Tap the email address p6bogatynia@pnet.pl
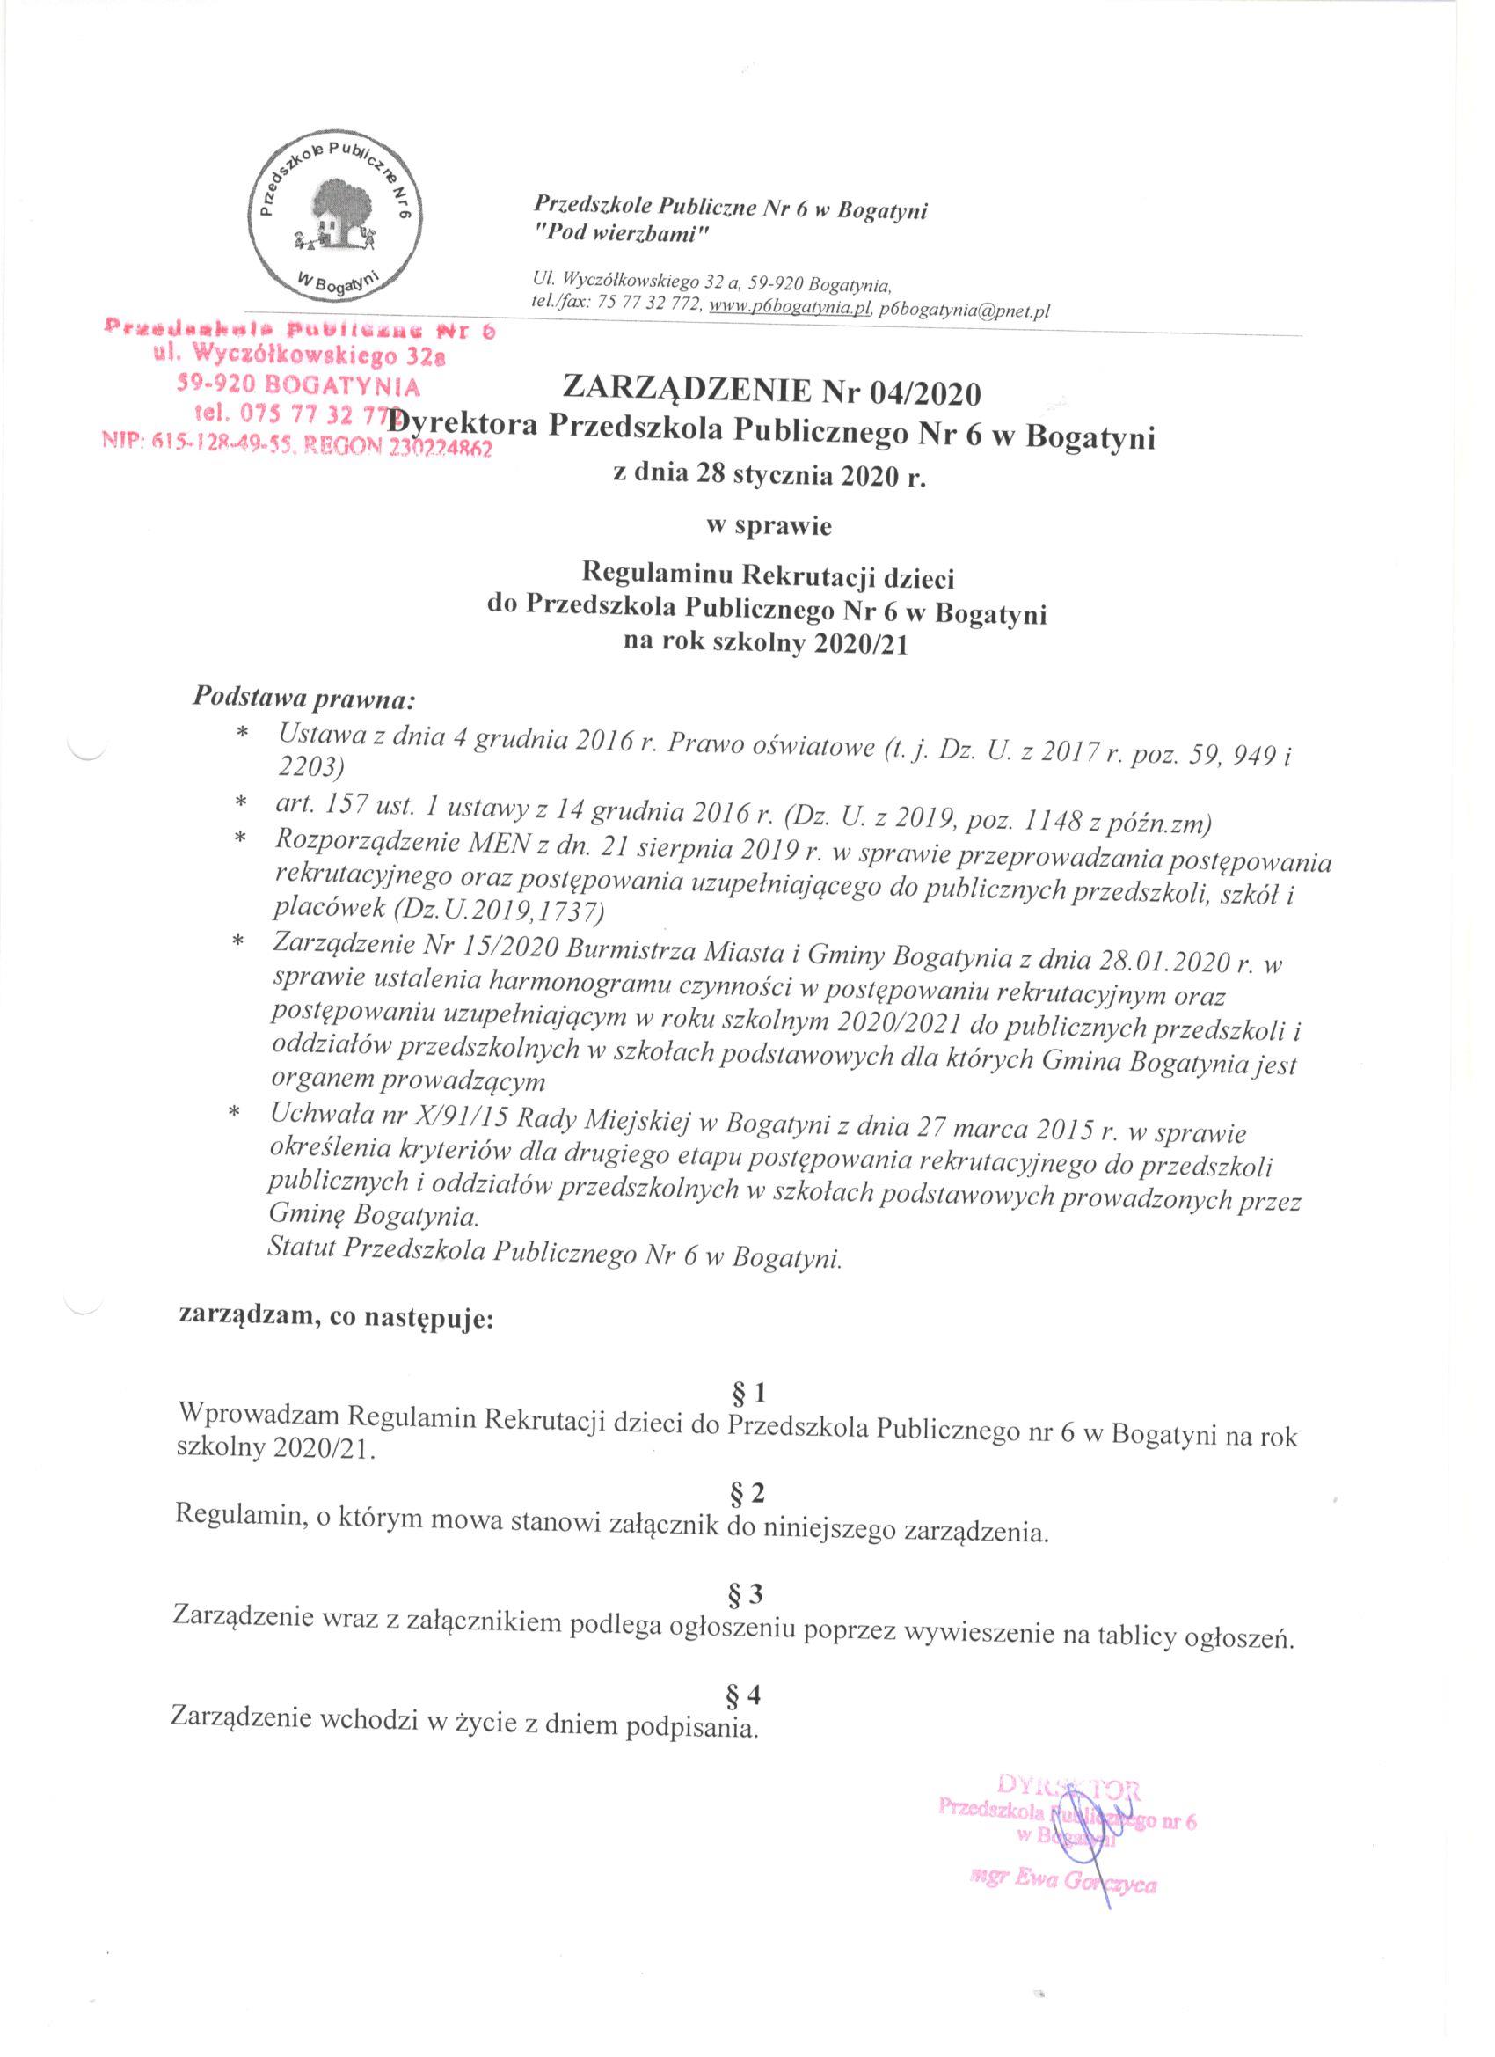tap(965, 311)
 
